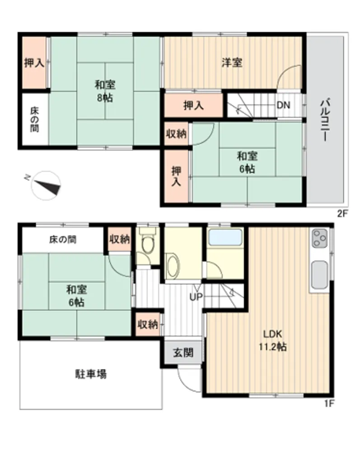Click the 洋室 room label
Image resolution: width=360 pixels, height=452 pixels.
(232, 62)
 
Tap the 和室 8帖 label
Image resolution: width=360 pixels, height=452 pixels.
(105, 91)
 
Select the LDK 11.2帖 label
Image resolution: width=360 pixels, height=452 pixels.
(272, 340)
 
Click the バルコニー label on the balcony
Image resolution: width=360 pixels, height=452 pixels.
(326, 120)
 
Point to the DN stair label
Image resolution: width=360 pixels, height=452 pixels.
(283, 105)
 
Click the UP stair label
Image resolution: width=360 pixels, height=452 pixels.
(196, 297)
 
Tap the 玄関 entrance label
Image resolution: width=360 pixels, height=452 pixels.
(183, 353)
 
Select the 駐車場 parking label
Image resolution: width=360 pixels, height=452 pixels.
(91, 374)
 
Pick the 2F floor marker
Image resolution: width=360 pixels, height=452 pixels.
(343, 214)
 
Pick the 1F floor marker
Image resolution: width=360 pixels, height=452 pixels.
(329, 403)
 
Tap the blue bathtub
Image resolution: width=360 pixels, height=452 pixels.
(225, 237)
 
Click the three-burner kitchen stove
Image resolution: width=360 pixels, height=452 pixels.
(320, 238)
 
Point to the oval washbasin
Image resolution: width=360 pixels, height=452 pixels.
(173, 266)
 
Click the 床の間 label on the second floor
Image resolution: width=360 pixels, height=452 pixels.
(35, 120)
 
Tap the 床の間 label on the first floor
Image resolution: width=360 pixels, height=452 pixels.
(63, 239)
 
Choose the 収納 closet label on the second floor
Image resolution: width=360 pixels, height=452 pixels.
(176, 134)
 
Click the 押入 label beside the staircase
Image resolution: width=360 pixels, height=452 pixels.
(193, 105)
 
